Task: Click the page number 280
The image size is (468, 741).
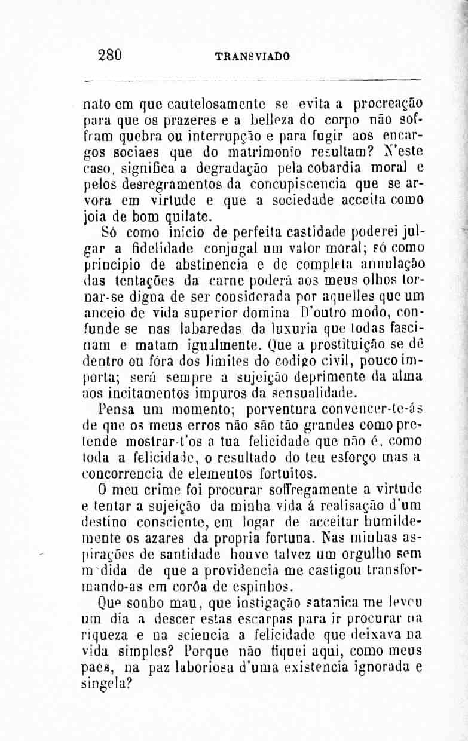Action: pyautogui.click(x=110, y=56)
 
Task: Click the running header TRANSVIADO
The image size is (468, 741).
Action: pyautogui.click(x=252, y=57)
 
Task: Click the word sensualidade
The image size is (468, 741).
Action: pyautogui.click(x=313, y=394)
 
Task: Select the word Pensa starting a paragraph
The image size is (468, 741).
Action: pyautogui.click(x=117, y=411)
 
